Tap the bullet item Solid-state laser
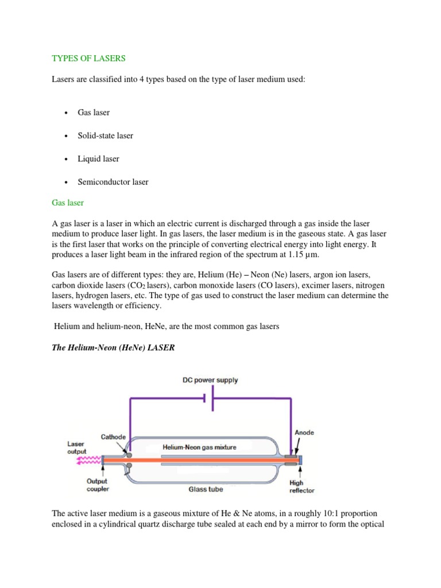click(x=105, y=136)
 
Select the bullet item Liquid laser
click(x=98, y=158)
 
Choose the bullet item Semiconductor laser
click(x=113, y=182)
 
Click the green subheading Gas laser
click(x=68, y=203)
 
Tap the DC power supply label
click(x=210, y=380)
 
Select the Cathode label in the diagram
click(x=113, y=436)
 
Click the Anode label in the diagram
click(x=304, y=432)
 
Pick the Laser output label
click(x=76, y=448)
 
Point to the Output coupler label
click(x=97, y=485)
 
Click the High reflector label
click(x=301, y=487)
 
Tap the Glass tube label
click(x=206, y=490)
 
